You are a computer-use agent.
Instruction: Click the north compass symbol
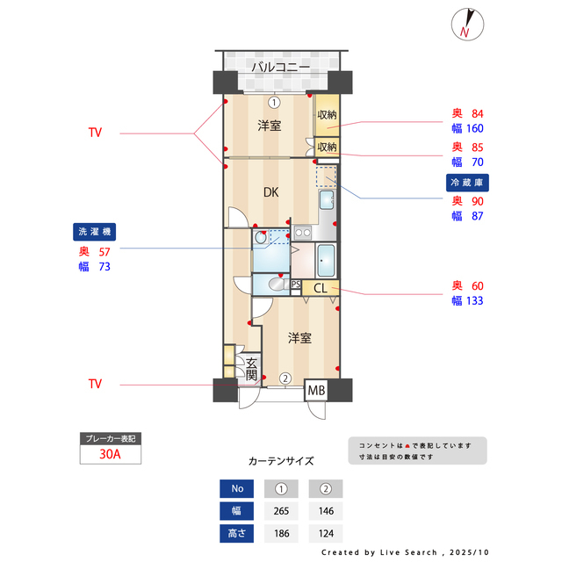pyautogui.click(x=465, y=25)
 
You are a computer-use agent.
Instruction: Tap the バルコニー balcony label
pyautogui.click(x=280, y=67)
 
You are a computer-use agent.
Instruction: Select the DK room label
pyautogui.click(x=272, y=192)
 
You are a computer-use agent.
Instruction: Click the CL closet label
pyautogui.click(x=320, y=288)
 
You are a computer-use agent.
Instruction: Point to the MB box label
pyautogui.click(x=315, y=390)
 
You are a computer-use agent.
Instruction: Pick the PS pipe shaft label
pyautogui.click(x=296, y=284)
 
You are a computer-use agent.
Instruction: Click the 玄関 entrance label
pyautogui.click(x=251, y=369)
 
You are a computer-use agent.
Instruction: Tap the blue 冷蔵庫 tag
pyautogui.click(x=468, y=183)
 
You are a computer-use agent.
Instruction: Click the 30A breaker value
pyautogui.click(x=110, y=454)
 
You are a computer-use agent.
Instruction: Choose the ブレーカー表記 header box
pyautogui.click(x=110, y=437)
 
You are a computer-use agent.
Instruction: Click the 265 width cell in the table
pyautogui.click(x=282, y=510)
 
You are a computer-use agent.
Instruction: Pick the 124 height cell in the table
pyautogui.click(x=325, y=532)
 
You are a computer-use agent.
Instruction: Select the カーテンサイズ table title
pyautogui.click(x=281, y=460)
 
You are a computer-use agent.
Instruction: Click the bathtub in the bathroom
pyautogui.click(x=325, y=261)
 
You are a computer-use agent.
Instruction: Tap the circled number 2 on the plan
pyautogui.click(x=285, y=378)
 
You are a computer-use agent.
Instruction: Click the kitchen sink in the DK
pyautogui.click(x=327, y=200)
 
